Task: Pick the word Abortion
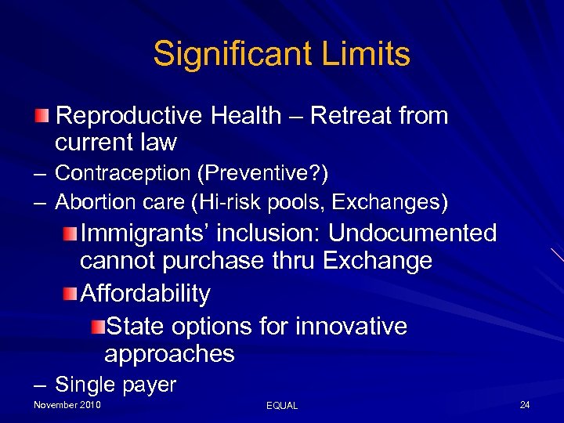click(x=98, y=202)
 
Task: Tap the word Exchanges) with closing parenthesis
click(x=390, y=202)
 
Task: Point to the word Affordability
click(x=146, y=294)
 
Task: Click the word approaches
click(x=169, y=353)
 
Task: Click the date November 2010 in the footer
click(x=67, y=404)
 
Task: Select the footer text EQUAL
click(x=282, y=405)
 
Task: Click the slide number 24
click(x=524, y=404)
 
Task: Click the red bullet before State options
click(x=96, y=326)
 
